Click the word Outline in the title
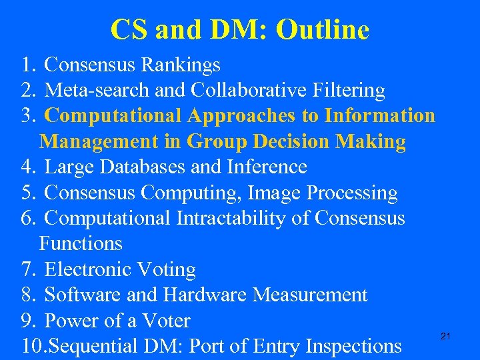coord(323,29)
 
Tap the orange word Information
coord(379,115)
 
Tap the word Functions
coord(81,243)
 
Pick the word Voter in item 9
coord(165,321)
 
